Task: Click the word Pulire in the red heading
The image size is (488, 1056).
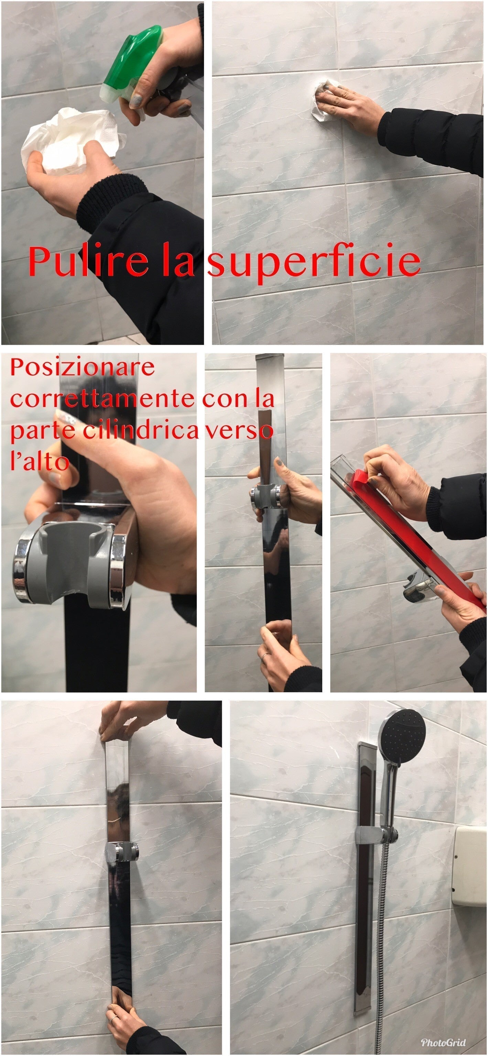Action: (x=88, y=262)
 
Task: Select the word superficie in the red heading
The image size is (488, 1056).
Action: (x=314, y=262)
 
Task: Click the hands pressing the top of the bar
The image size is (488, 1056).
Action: (x=123, y=719)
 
